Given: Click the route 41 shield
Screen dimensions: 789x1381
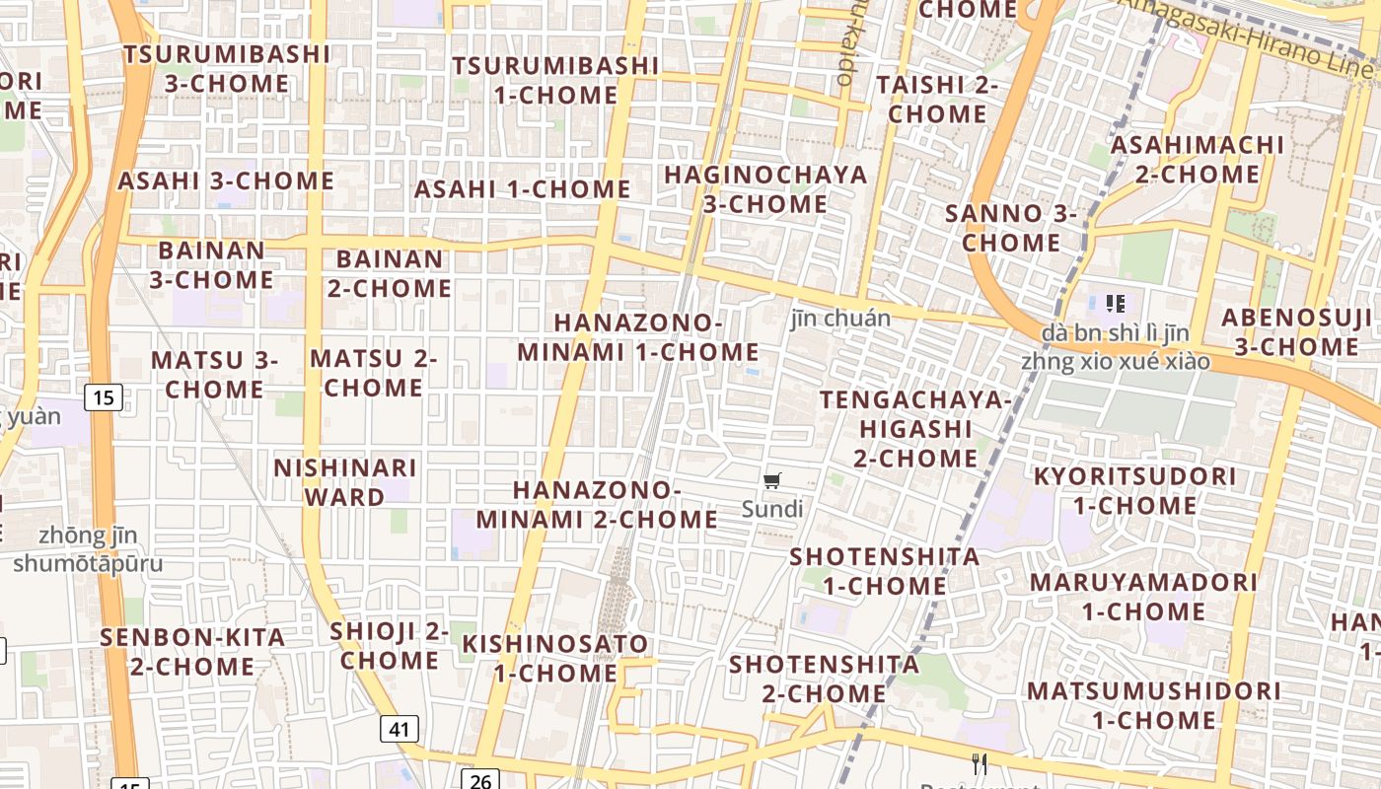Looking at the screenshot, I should click(399, 730).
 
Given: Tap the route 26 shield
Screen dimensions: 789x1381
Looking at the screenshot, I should click(479, 781).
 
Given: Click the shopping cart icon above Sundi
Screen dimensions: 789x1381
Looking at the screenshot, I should click(772, 481).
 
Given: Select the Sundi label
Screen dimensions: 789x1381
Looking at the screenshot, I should click(772, 510).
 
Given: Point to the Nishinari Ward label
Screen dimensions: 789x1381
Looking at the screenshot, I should click(345, 482).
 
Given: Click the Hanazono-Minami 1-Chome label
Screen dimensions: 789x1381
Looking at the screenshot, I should click(638, 337).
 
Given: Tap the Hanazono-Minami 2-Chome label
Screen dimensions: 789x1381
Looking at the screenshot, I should click(597, 504).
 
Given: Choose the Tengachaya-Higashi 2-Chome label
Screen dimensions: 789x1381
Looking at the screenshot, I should click(915, 429).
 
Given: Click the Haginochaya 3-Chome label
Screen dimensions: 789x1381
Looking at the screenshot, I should click(765, 189).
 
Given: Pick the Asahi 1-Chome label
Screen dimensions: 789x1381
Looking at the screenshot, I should click(522, 189).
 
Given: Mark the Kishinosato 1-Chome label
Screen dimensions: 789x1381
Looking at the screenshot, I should click(556, 659).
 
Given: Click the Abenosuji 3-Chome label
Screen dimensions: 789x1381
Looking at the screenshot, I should click(1296, 332).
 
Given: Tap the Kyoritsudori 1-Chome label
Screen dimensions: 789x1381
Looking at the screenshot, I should click(1134, 491).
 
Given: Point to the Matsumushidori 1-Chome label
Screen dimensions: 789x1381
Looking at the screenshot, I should click(1154, 705).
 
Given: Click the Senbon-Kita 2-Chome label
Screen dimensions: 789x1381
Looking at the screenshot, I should click(192, 652).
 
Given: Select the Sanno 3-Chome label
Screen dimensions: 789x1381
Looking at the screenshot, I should click(1011, 228).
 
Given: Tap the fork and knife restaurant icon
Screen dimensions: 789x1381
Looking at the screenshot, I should click(979, 763).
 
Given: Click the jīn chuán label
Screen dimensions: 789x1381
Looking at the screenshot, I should click(840, 319).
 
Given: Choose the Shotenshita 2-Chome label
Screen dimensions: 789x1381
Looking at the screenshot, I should click(824, 679).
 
